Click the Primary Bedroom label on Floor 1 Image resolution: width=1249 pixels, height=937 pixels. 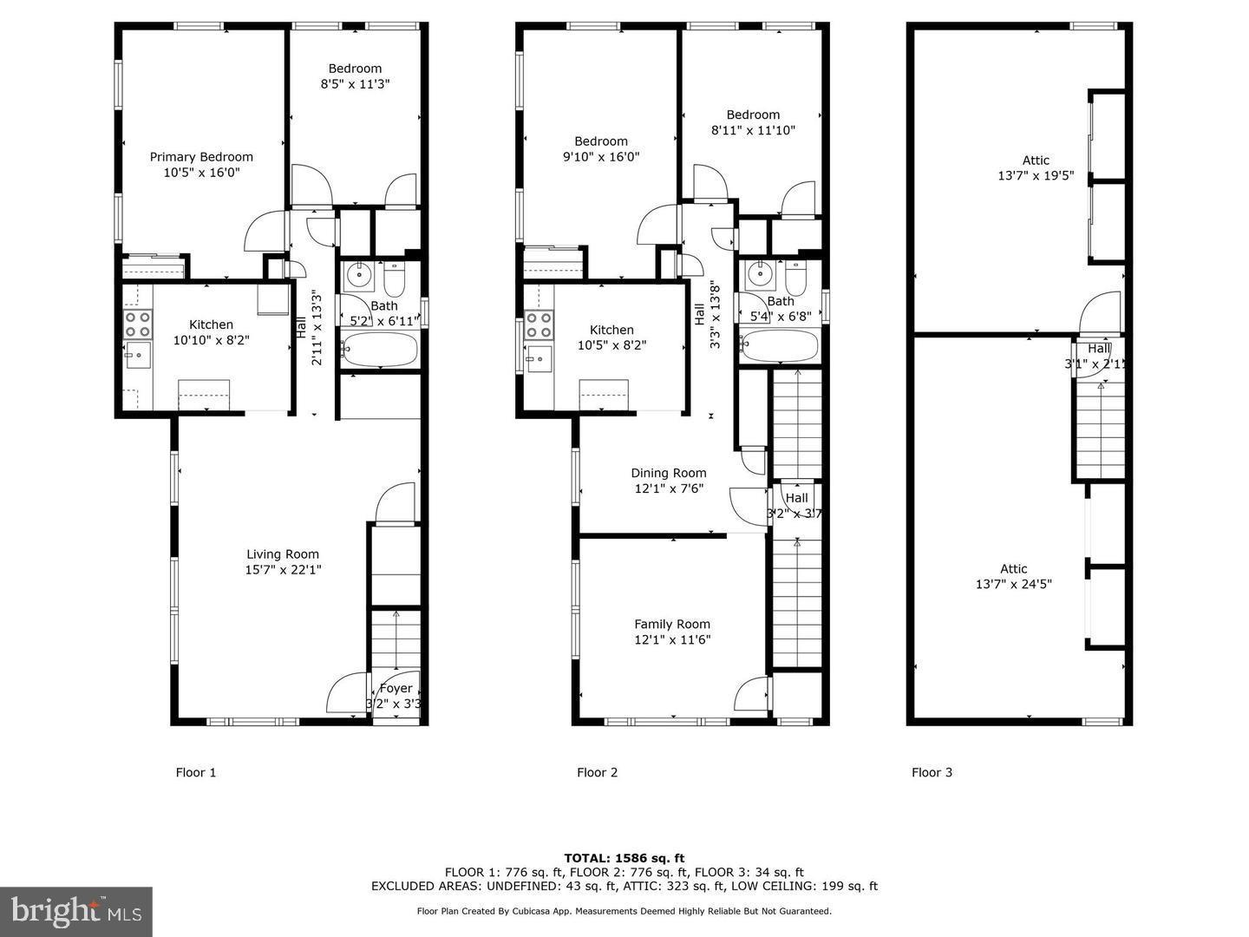pyautogui.click(x=201, y=164)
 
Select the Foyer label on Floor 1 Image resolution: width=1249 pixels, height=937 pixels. pyautogui.click(x=396, y=695)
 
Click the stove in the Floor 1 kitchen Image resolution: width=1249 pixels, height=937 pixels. pyautogui.click(x=137, y=324)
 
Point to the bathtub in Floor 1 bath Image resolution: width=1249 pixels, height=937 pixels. pyautogui.click(x=379, y=351)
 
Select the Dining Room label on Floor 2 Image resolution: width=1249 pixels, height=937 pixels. pyautogui.click(x=668, y=481)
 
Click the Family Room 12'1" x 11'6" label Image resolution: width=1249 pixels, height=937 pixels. pyautogui.click(x=671, y=632)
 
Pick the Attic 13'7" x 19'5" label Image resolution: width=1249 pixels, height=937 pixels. pyautogui.click(x=1036, y=167)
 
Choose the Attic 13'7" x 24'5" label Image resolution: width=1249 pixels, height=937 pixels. pyautogui.click(x=1013, y=576)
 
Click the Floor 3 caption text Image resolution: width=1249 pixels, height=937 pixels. pyautogui.click(x=932, y=772)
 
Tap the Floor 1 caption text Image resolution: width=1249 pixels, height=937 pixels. pyautogui.click(x=196, y=772)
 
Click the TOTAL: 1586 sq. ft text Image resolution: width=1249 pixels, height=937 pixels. pyautogui.click(x=624, y=858)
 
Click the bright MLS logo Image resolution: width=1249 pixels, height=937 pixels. pyautogui.click(x=76, y=911)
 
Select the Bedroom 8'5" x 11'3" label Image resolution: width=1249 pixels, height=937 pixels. pyautogui.click(x=355, y=76)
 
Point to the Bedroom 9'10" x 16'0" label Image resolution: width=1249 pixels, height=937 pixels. pyautogui.click(x=600, y=148)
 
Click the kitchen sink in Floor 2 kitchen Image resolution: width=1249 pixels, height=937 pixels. pyautogui.click(x=539, y=356)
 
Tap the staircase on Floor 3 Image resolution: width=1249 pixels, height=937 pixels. pyautogui.click(x=1101, y=429)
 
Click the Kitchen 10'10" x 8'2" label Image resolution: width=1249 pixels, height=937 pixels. pyautogui.click(x=211, y=332)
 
